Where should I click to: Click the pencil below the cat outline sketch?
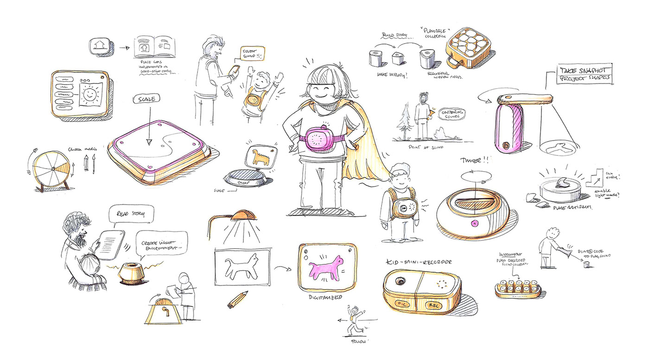point(238,299)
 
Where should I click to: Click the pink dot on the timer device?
point(474,223)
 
